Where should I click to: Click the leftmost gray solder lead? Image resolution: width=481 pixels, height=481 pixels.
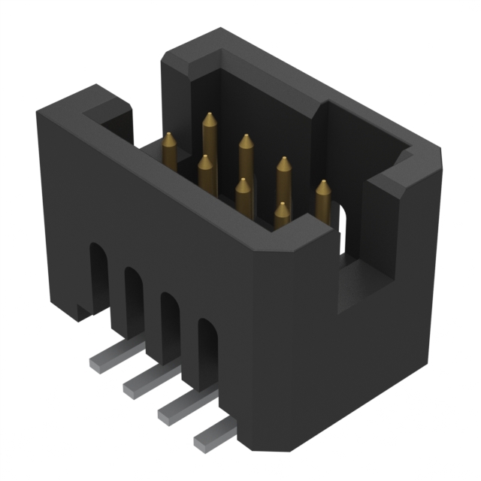[104, 362]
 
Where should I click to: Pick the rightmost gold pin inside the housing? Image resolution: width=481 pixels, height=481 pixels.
[322, 198]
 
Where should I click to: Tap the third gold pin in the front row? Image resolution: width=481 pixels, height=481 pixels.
[243, 194]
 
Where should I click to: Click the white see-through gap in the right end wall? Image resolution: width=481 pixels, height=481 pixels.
[340, 225]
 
